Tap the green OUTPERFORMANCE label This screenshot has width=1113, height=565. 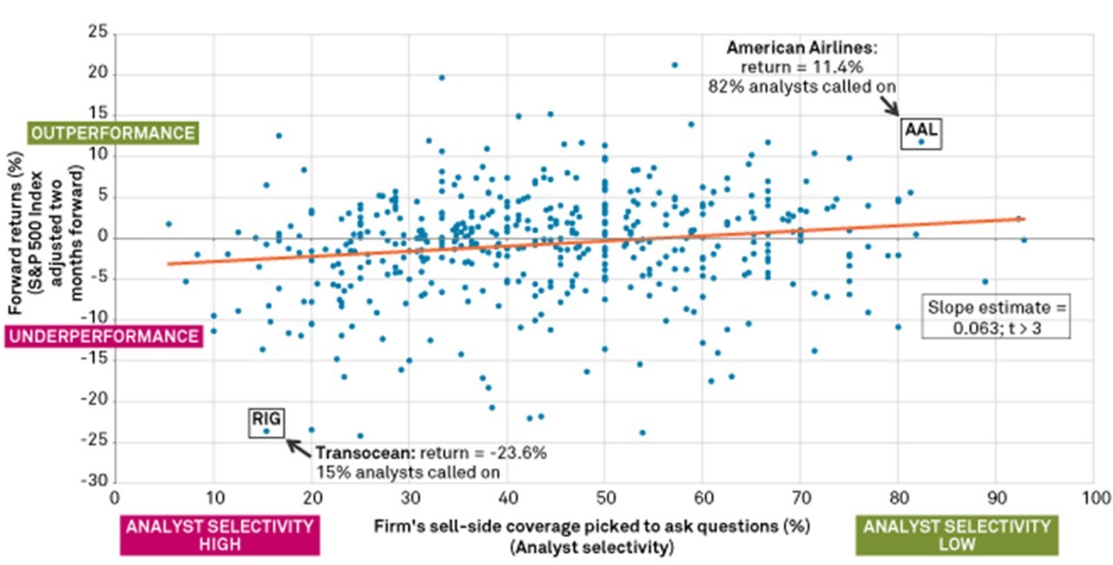pos(112,134)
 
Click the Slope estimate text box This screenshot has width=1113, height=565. pos(996,318)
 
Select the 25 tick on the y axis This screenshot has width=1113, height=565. pos(98,34)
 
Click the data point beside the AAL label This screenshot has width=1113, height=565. pos(922,141)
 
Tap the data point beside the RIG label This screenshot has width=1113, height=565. pos(267,431)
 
